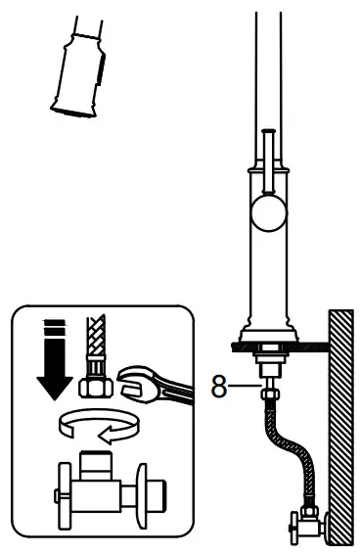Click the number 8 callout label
click(x=219, y=388)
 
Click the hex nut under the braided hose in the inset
click(x=95, y=387)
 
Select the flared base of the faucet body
click(x=265, y=322)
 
